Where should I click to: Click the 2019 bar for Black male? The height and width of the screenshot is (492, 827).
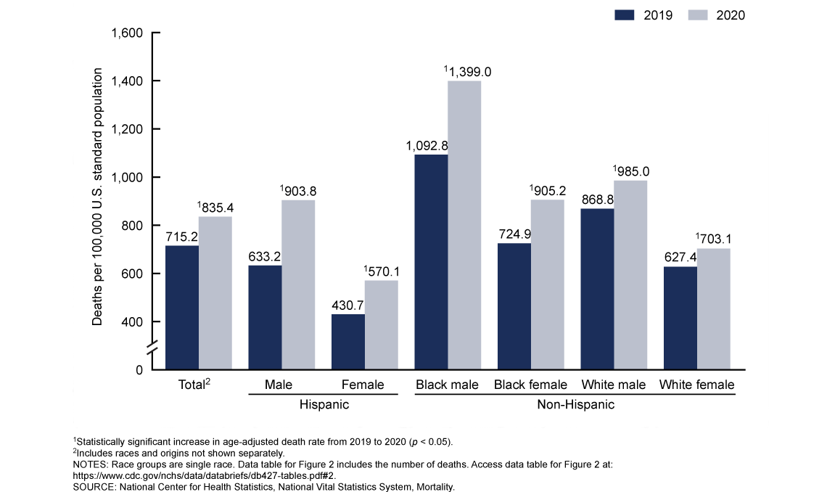pos(431,262)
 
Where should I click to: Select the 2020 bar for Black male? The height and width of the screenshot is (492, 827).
pos(464,225)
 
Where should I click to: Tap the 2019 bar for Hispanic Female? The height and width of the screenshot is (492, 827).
pos(348,341)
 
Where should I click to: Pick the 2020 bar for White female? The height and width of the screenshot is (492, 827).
pos(714,309)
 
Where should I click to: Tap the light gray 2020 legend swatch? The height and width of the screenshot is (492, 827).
pos(701,15)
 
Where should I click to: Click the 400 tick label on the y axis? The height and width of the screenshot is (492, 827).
pos(133,322)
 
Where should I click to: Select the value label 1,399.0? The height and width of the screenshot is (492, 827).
pos(468,72)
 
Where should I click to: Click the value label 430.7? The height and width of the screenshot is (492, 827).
pos(348,305)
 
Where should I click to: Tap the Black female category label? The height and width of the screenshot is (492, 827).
pos(531,385)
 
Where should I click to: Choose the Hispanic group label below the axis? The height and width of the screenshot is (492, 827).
pos(324,404)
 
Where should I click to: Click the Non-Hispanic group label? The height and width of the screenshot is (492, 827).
pos(575,404)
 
